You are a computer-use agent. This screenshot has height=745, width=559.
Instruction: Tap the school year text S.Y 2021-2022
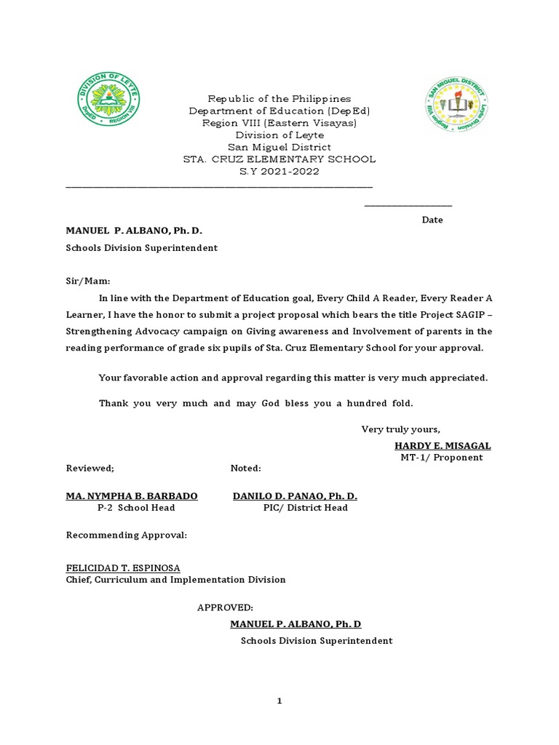[279, 172]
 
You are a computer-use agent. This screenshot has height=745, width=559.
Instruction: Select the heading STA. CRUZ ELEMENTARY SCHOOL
[279, 159]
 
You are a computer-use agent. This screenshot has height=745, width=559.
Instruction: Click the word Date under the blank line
[432, 220]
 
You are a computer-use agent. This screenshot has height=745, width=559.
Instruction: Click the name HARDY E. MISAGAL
[443, 445]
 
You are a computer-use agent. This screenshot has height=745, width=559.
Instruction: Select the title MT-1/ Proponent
[441, 458]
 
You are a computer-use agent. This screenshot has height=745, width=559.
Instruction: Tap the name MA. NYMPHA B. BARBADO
[132, 495]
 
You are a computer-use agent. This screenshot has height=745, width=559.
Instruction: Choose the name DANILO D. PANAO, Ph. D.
[295, 495]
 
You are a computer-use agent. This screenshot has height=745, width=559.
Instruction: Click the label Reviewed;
[90, 468]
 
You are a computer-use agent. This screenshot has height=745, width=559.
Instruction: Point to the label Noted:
[245, 468]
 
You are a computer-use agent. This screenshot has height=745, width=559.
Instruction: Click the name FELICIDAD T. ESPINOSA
[123, 567]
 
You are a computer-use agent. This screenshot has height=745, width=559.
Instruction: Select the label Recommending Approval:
[127, 535]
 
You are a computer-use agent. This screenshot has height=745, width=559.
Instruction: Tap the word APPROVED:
[225, 607]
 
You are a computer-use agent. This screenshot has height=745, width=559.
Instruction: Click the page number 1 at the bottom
[279, 701]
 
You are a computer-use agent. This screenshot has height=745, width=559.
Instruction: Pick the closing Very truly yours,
[401, 429]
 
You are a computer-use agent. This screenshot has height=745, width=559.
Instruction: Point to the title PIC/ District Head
[306, 508]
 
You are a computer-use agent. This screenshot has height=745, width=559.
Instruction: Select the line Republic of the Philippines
[279, 98]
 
